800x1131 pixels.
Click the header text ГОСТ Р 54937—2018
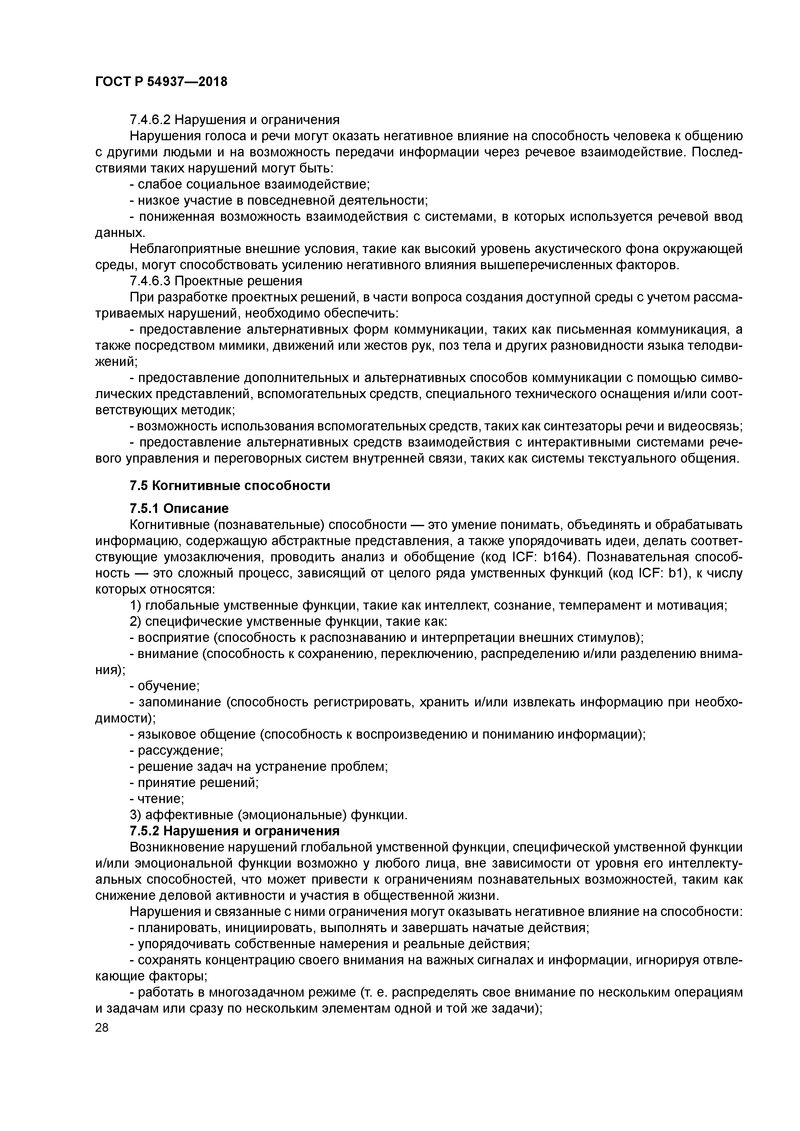click(161, 82)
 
